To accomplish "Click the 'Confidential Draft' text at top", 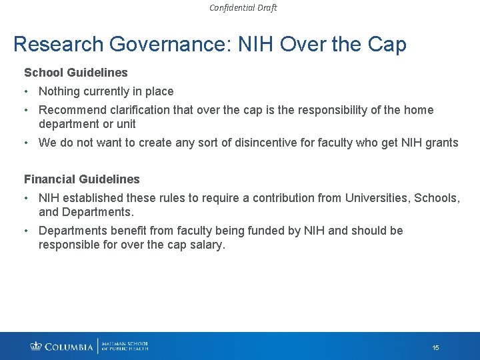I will click(x=243, y=8).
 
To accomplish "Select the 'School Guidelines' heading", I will click(x=76, y=71).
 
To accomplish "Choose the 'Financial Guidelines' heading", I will click(x=82, y=179).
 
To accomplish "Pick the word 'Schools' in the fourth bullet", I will click(x=437, y=198).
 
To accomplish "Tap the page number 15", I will click(x=435, y=348).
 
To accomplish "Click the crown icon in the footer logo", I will click(x=36, y=346).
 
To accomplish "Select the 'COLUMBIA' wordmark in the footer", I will click(x=69, y=347).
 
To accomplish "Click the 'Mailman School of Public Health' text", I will click(x=125, y=346).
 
